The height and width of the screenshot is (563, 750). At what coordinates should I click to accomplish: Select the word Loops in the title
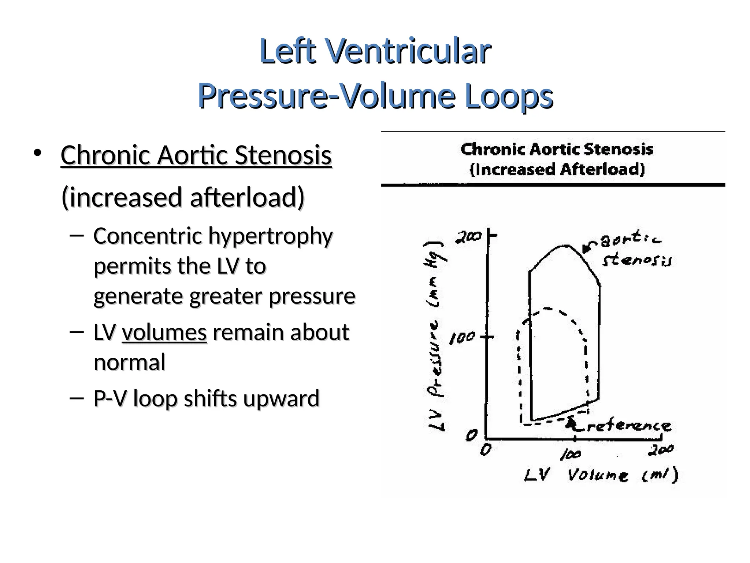point(509,96)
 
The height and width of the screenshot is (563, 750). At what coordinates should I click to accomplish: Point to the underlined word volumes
point(164,332)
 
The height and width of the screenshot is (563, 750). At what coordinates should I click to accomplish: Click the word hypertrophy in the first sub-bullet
point(271,236)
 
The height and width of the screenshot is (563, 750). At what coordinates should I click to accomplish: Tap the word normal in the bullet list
point(129,363)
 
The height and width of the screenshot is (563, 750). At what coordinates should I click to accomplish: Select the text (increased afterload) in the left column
point(183,197)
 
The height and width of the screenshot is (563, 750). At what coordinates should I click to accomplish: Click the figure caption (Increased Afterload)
point(557,170)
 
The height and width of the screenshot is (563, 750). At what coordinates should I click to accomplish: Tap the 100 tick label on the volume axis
point(571,455)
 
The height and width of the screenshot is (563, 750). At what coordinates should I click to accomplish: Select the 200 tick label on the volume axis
point(660,450)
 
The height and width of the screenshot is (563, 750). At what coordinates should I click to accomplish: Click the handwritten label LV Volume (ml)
point(601,475)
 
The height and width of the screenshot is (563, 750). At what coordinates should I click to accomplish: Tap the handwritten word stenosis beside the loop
point(637,260)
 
